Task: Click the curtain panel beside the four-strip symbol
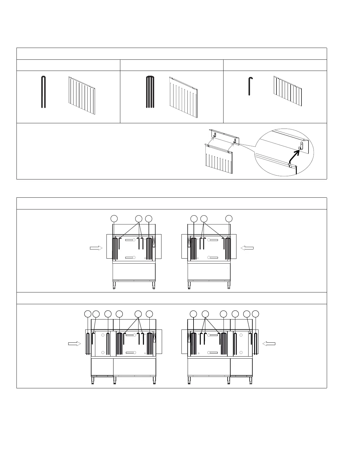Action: [x=183, y=97]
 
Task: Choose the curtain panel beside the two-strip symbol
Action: [x=82, y=96]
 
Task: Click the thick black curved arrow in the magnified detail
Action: [x=295, y=155]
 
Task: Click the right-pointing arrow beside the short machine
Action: [x=96, y=248]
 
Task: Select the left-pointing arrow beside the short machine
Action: [x=247, y=248]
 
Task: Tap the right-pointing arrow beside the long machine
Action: [x=74, y=344]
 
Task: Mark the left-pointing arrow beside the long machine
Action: [x=269, y=343]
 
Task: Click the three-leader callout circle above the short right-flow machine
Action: [x=139, y=219]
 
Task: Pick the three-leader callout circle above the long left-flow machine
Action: [x=205, y=314]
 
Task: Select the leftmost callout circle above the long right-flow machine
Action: [x=88, y=314]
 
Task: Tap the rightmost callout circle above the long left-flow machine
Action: [x=256, y=314]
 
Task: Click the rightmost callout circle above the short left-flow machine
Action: [x=229, y=219]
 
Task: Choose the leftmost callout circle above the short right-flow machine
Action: [x=114, y=219]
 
